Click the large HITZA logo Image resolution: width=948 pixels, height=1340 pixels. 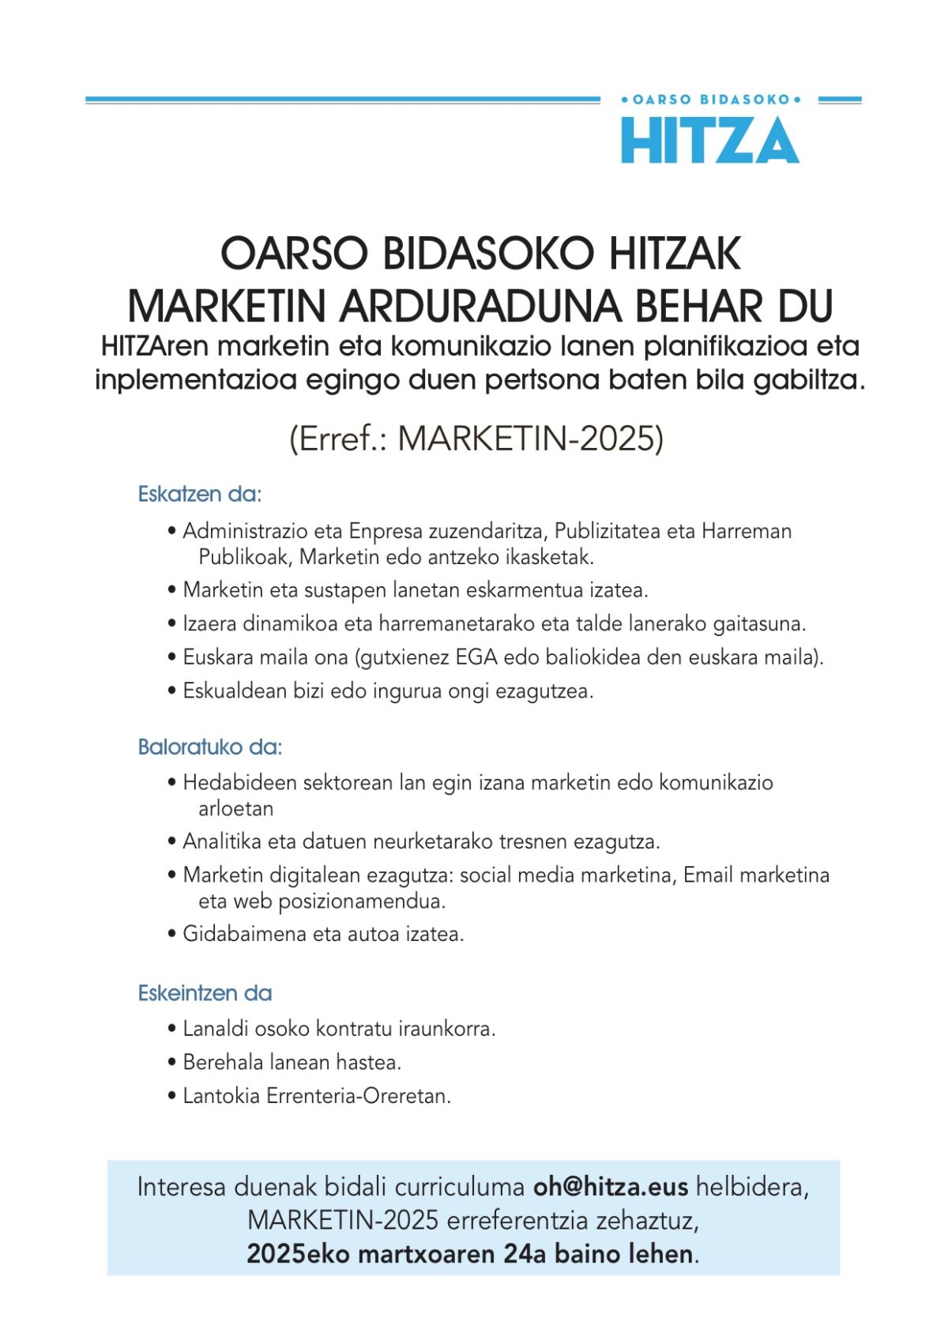(709, 141)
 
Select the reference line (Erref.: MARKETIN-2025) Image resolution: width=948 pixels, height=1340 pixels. (476, 439)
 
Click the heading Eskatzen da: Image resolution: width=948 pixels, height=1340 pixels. (199, 495)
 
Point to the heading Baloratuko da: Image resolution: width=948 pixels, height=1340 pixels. (209, 747)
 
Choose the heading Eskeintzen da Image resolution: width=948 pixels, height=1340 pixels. (205, 993)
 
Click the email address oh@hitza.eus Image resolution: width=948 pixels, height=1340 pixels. (610, 1187)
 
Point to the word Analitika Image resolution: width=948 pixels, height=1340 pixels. (222, 841)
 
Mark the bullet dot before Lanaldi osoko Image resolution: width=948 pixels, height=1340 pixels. (172, 1029)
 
